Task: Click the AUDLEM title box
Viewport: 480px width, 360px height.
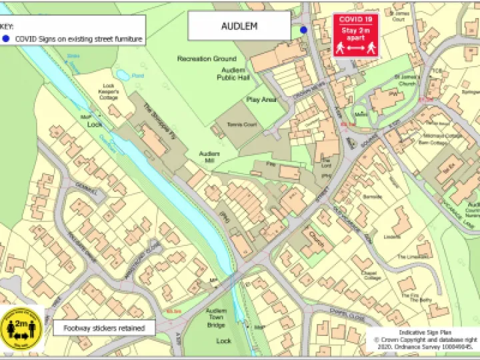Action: pos(239,27)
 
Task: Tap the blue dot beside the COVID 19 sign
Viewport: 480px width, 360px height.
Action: pos(303,30)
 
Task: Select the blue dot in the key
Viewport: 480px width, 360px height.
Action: pos(6,39)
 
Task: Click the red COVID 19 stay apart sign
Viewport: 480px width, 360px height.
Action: pos(355,35)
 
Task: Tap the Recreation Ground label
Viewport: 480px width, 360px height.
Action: pos(207,59)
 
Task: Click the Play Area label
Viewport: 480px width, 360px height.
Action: pos(261,99)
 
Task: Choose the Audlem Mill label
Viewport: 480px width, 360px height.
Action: pos(209,157)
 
